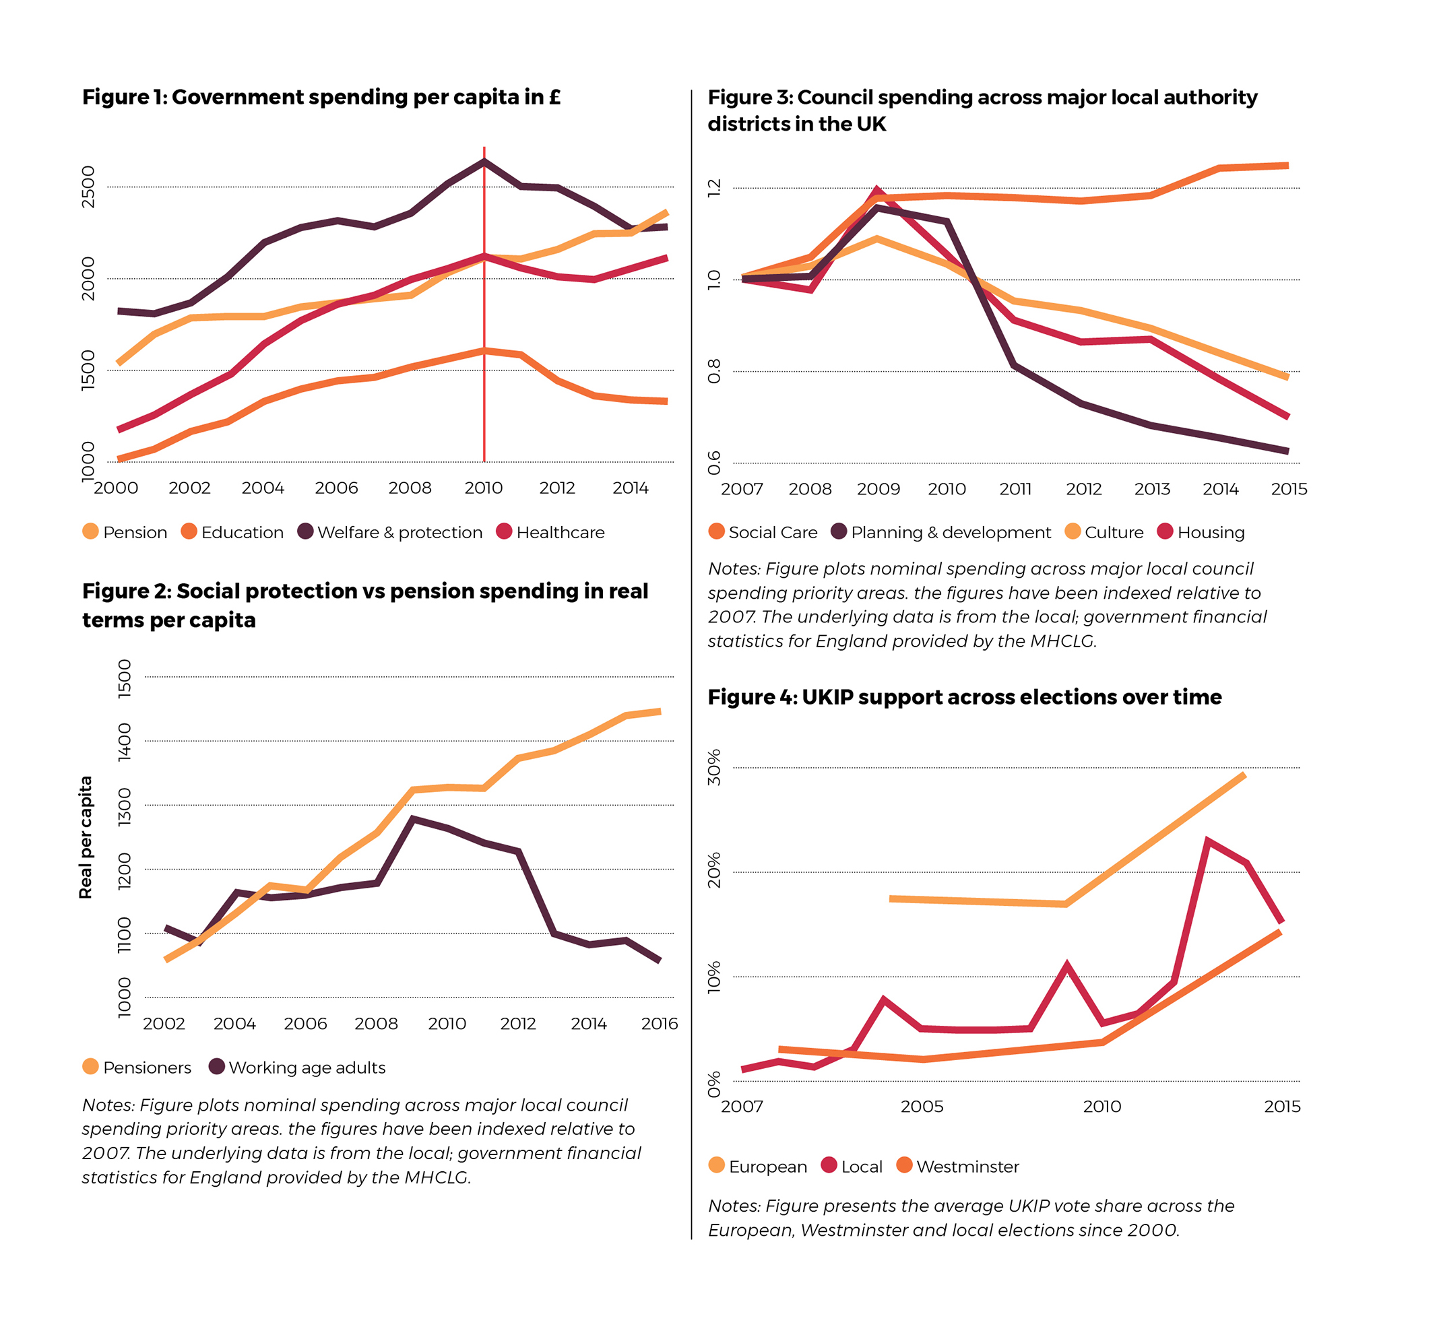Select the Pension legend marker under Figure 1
tap(90, 532)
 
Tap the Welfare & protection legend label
tap(399, 533)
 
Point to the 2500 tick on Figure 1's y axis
tap(88, 187)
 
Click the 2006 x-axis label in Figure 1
tap(336, 488)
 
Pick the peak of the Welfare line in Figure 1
tap(484, 161)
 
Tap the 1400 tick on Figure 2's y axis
tap(125, 742)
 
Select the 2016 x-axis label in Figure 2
tap(660, 1024)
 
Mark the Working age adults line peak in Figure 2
tap(412, 818)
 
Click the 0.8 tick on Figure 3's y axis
tap(714, 371)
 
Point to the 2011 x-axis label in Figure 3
tap(1015, 489)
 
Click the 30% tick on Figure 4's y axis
tap(714, 767)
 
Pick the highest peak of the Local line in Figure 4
tap(1207, 841)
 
